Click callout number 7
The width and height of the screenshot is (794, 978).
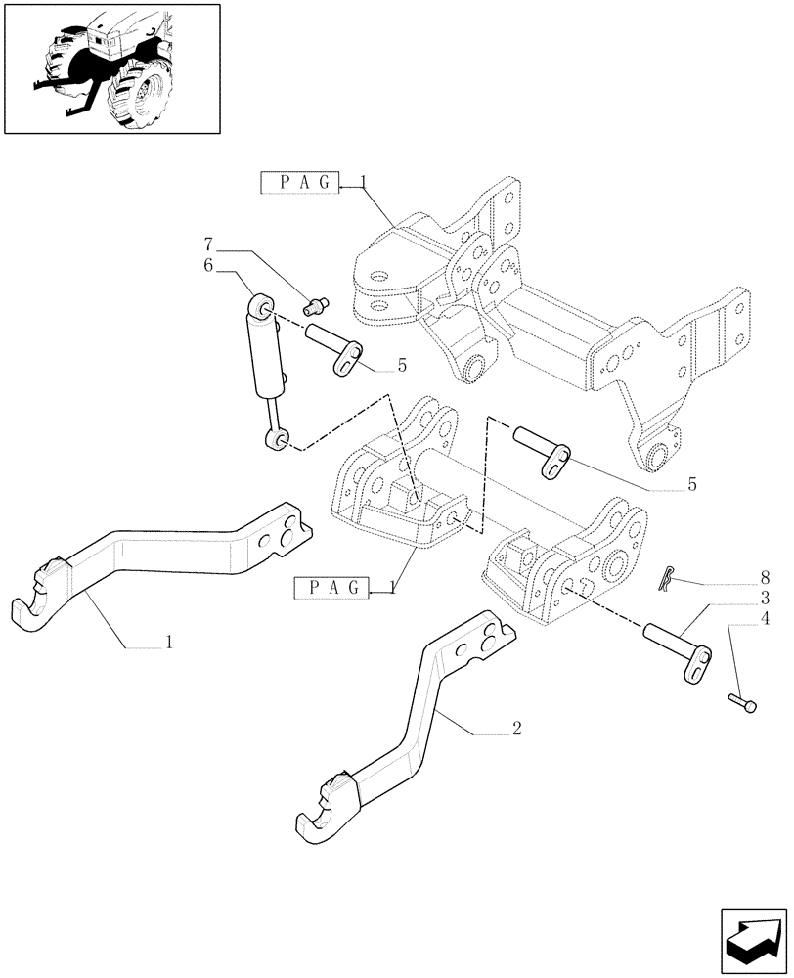pyautogui.click(x=208, y=243)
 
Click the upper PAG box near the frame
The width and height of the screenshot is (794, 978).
pyautogui.click(x=299, y=182)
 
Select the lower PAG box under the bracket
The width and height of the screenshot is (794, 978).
pyautogui.click(x=331, y=587)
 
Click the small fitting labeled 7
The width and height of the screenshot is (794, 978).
pyautogui.click(x=318, y=304)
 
